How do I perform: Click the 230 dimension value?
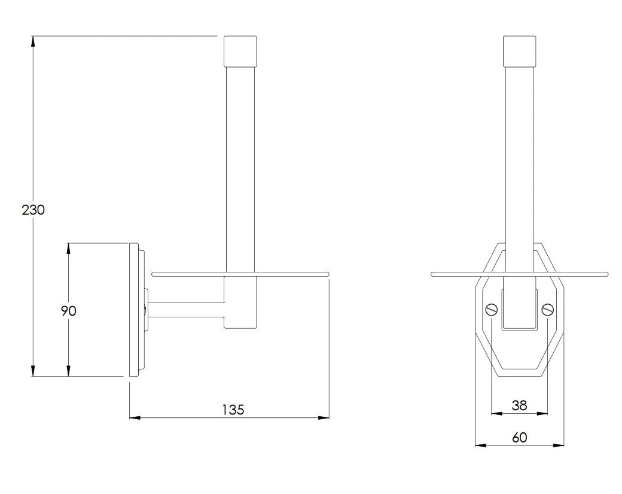(x=33, y=210)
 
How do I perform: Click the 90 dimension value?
(x=69, y=311)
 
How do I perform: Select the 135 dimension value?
(x=233, y=410)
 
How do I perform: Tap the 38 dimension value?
(x=519, y=405)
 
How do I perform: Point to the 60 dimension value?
(x=519, y=437)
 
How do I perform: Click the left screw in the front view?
(x=491, y=308)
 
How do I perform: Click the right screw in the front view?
(x=547, y=308)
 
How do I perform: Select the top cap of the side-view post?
(x=240, y=51)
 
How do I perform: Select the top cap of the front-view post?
(x=520, y=51)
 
